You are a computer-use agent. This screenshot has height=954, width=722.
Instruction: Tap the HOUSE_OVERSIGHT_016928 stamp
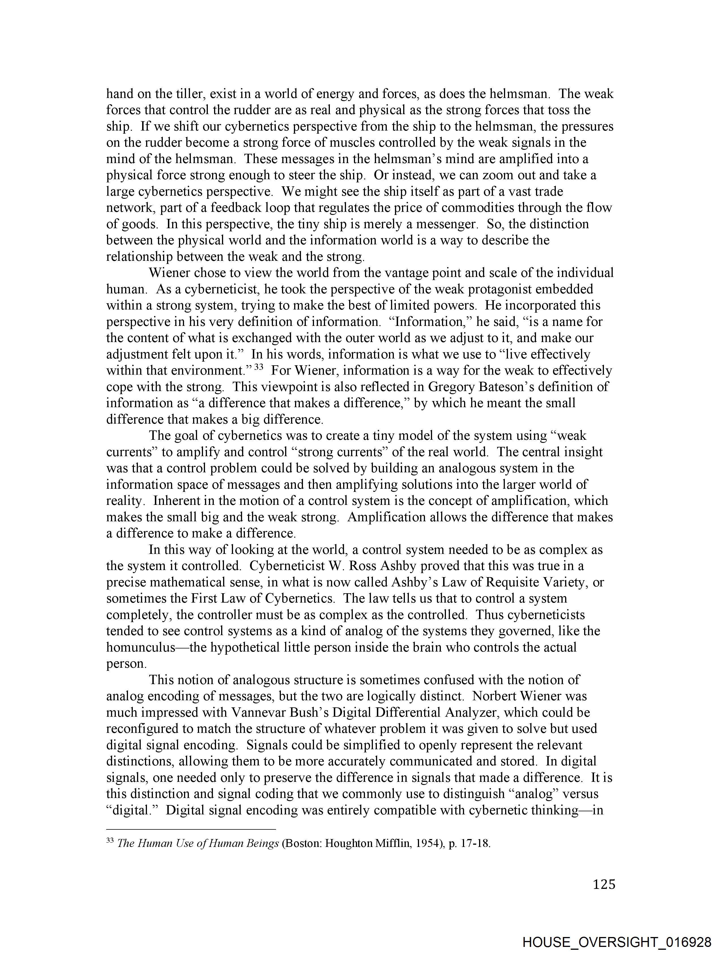[x=617, y=942]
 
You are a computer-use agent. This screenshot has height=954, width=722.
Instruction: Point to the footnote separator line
[x=191, y=829]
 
